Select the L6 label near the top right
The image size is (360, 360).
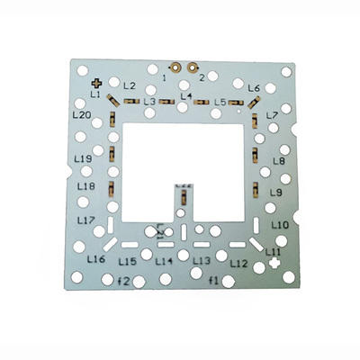coord(253,88)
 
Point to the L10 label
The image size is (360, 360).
coord(280,225)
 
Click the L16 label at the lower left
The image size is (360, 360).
coord(96,259)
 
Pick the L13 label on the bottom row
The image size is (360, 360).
coord(202,260)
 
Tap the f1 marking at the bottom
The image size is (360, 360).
coord(214,282)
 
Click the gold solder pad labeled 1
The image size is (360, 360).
coord(175,67)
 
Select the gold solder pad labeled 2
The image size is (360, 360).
coord(192,67)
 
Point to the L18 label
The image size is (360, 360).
coord(86,186)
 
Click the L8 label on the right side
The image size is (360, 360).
coord(278,161)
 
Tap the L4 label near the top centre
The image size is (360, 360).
coord(186,95)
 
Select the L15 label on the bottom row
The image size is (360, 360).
coord(128,261)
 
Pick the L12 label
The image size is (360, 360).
coord(238,264)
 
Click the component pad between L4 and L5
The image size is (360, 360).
coord(202,103)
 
